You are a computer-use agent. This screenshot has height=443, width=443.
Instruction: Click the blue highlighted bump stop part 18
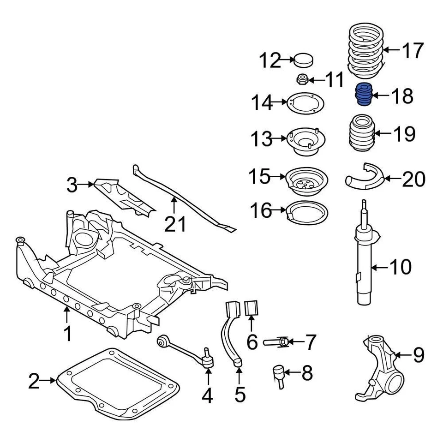(x=364, y=95)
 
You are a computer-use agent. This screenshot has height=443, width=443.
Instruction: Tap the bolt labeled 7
(x=278, y=342)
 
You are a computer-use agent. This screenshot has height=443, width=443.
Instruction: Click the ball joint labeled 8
(x=278, y=374)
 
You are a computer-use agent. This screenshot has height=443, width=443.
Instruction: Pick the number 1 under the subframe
(x=67, y=333)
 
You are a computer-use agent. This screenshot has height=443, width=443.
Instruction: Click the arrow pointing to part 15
(x=278, y=176)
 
